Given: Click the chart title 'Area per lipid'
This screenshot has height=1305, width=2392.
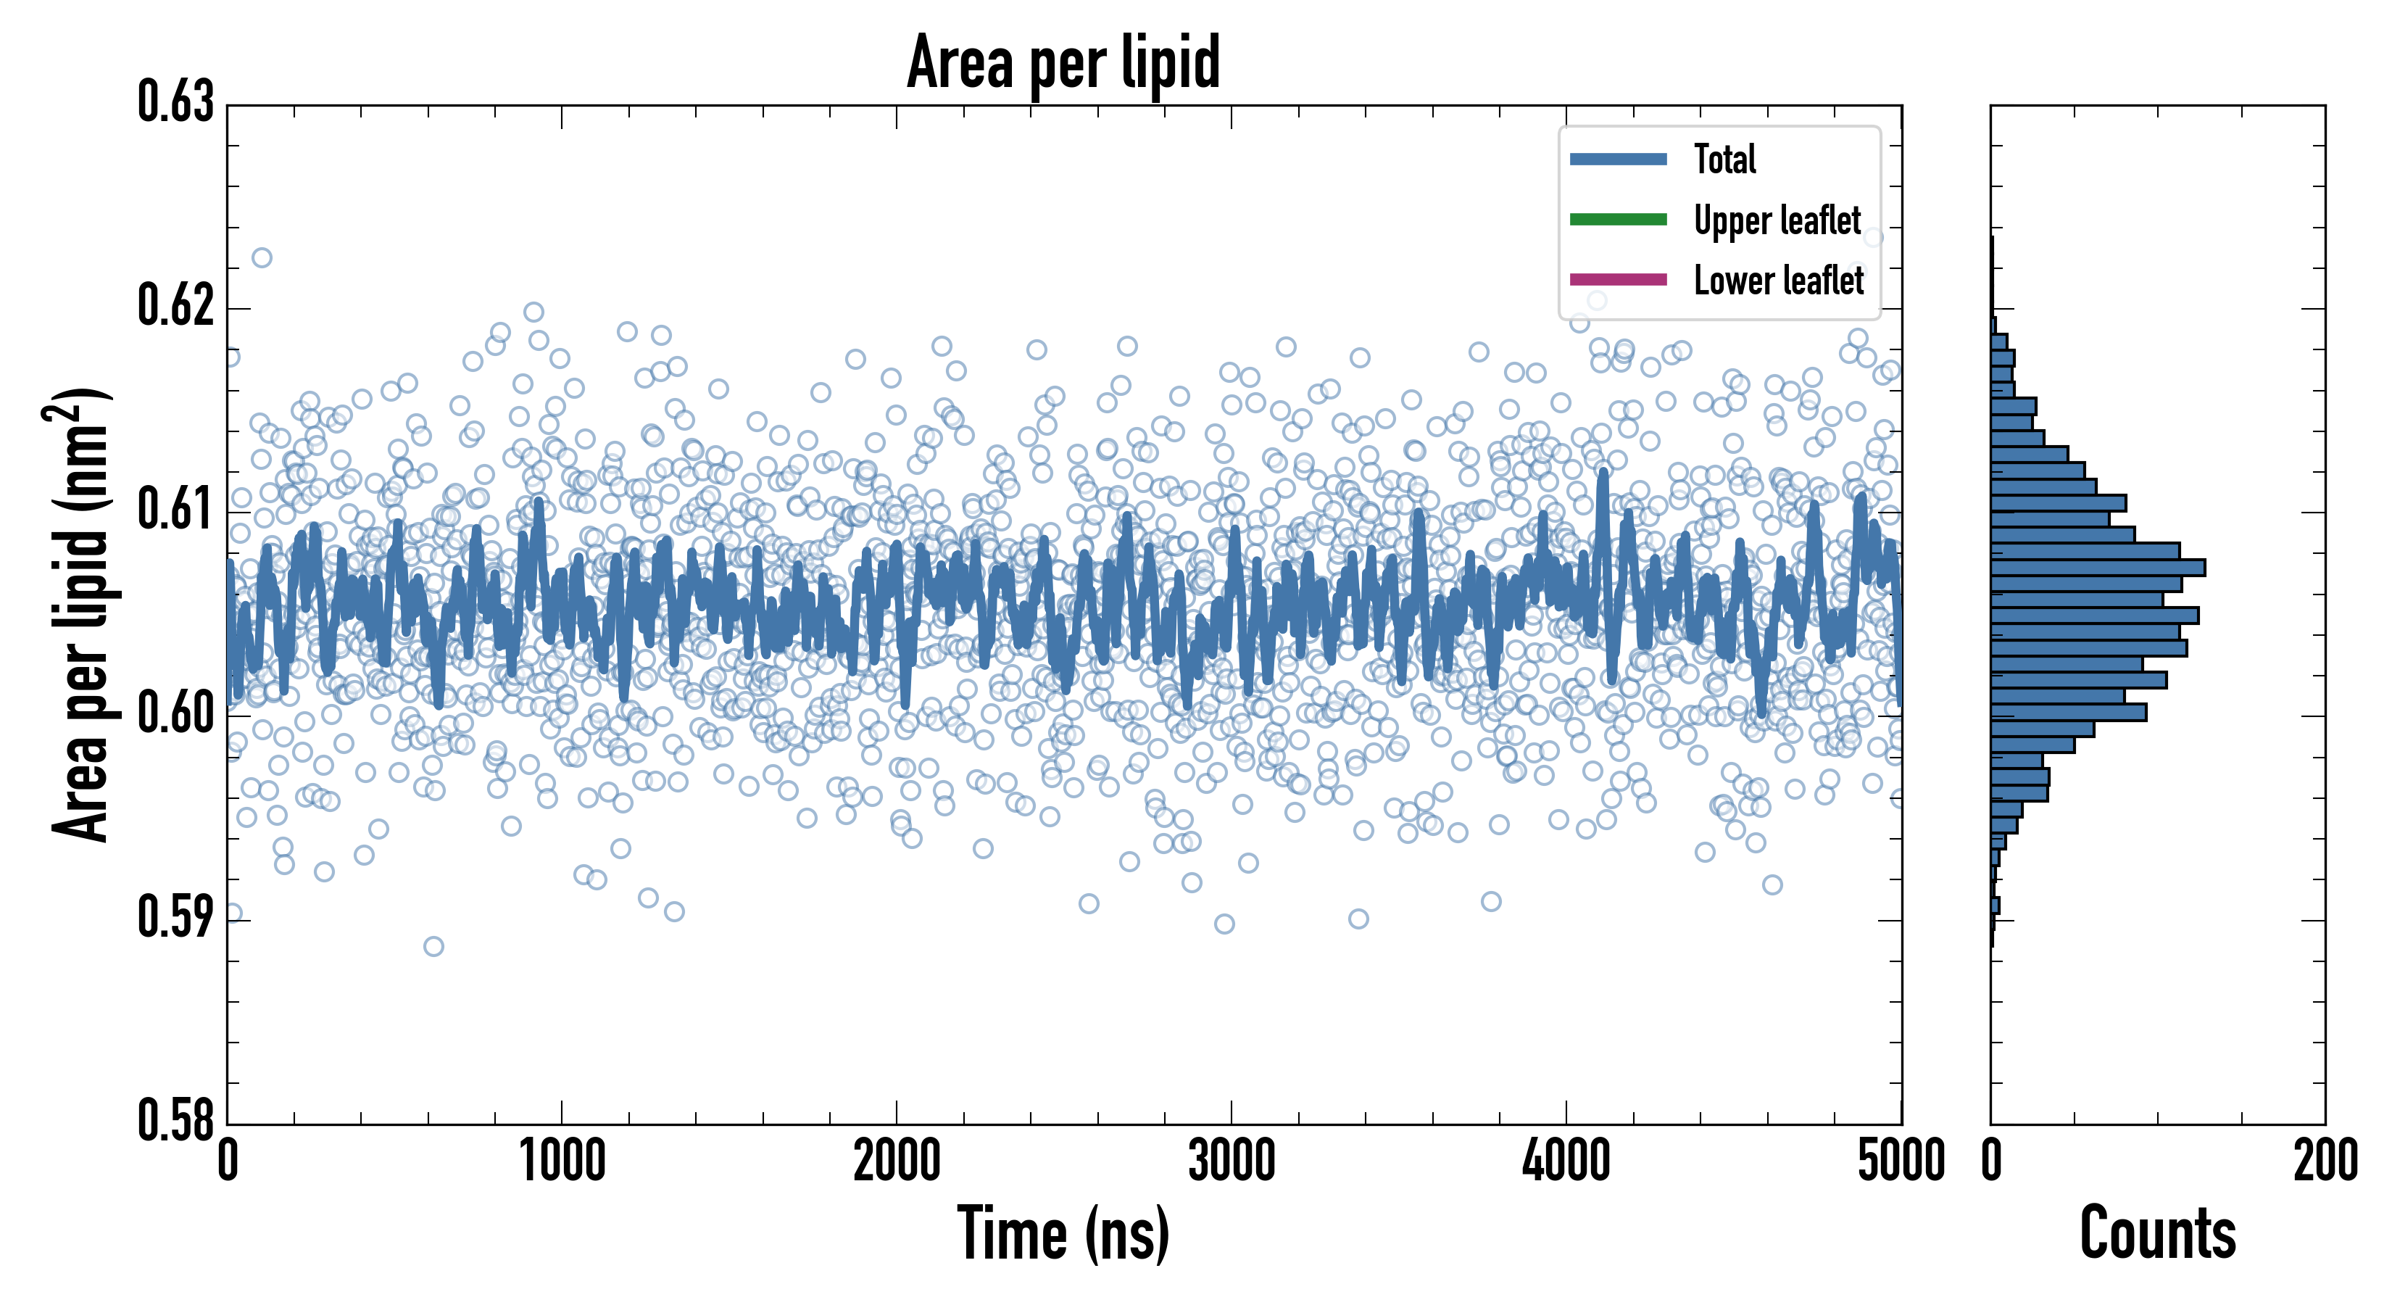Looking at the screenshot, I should tap(1063, 63).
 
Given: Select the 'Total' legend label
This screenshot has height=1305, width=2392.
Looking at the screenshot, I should tap(1724, 159).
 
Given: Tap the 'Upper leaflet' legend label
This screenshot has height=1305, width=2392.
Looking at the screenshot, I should tap(1777, 220).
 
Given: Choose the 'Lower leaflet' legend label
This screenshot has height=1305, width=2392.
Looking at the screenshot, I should tap(1778, 281).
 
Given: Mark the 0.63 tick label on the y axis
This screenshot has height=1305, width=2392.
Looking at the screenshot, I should tap(175, 102).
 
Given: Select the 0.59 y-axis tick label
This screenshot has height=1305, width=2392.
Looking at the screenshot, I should tap(175, 918).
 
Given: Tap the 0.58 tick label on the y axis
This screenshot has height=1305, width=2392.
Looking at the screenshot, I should tap(175, 1120).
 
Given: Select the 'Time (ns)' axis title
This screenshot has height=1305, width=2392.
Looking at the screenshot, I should tap(1063, 1233).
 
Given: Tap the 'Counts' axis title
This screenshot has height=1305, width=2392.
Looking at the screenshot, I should tap(2157, 1233).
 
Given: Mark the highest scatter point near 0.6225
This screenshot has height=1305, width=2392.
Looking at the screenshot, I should tap(262, 257).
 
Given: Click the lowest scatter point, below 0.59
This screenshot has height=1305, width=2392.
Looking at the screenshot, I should tap(433, 946).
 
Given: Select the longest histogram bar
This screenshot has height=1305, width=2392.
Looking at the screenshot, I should tap(2098, 568).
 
